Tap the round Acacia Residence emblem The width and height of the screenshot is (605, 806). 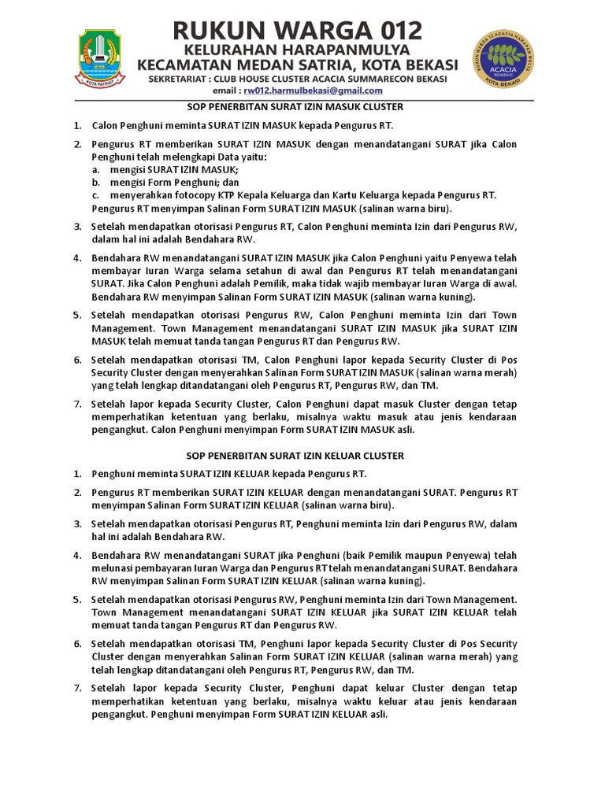[x=505, y=59]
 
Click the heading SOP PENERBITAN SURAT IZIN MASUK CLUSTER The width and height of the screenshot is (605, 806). [x=295, y=106]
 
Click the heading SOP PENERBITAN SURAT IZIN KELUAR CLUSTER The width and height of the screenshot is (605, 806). [x=295, y=456]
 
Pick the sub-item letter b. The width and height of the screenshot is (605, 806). [x=95, y=182]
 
